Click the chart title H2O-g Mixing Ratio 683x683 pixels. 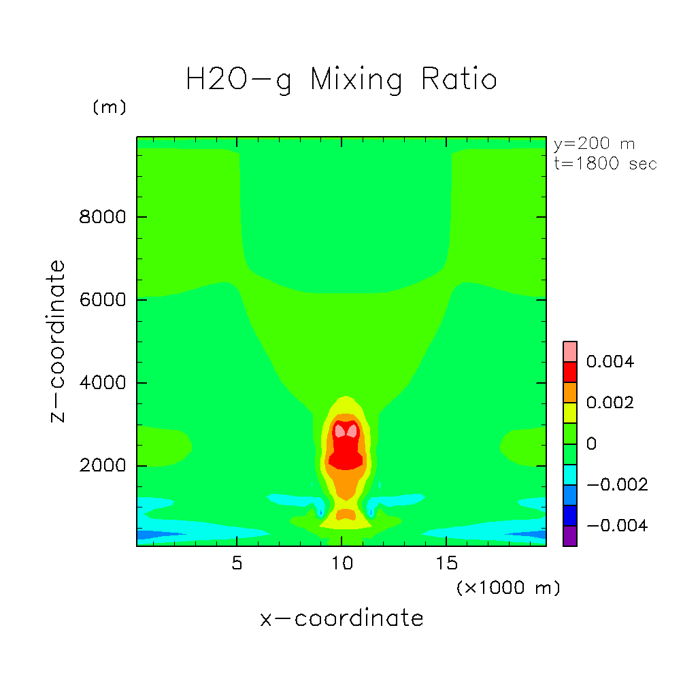coord(341,80)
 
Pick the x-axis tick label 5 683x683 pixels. coord(236,564)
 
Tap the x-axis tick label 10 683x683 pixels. coord(342,564)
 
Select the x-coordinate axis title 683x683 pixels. coord(341,618)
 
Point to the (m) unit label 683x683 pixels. coord(110,107)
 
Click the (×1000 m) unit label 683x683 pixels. coord(507,588)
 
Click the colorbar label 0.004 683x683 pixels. coord(610,362)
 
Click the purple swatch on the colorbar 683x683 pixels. coord(570,535)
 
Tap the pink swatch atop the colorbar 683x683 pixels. coord(570,351)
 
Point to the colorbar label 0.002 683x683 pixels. coord(610,403)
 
